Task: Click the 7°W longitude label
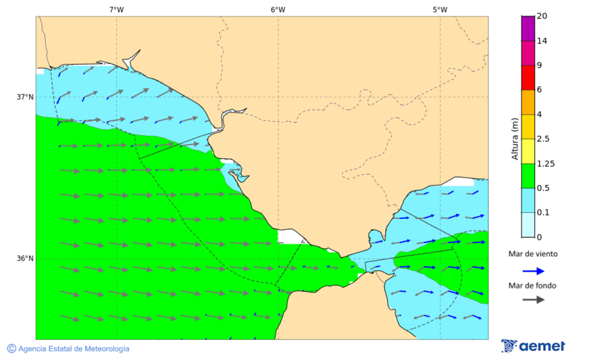click(x=116, y=9)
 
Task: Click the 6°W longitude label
click(x=278, y=9)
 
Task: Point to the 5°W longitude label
click(x=440, y=9)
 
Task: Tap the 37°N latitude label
click(x=25, y=97)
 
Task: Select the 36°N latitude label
click(x=25, y=258)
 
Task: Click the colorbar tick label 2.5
click(x=542, y=138)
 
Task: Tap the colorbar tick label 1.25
click(x=544, y=163)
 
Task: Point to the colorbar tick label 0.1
click(x=542, y=212)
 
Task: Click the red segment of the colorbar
click(x=527, y=77)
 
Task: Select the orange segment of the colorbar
click(x=527, y=101)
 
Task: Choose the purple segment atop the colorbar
click(x=527, y=28)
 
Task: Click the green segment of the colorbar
click(x=527, y=175)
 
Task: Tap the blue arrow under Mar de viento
click(x=533, y=271)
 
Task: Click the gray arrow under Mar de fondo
click(x=533, y=299)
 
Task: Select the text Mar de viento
click(x=533, y=254)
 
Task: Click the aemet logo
click(x=533, y=346)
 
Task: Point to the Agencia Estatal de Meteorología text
click(x=68, y=349)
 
